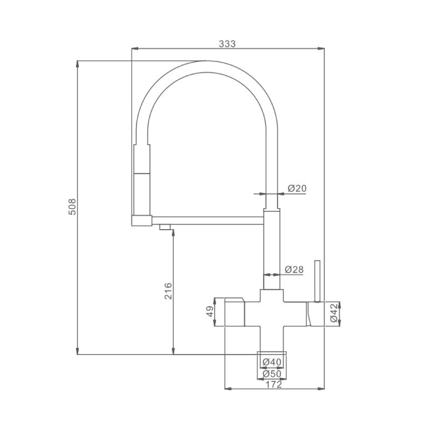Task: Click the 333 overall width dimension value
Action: tap(227, 44)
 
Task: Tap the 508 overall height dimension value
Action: tap(72, 207)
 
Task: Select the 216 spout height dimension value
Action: tap(168, 291)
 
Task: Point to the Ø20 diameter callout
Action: tap(297, 188)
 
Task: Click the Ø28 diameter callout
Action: tap(294, 269)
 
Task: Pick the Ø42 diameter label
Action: tap(334, 313)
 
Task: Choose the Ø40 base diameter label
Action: tap(272, 362)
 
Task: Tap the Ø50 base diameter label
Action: tap(272, 374)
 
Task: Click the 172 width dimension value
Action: tap(274, 384)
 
